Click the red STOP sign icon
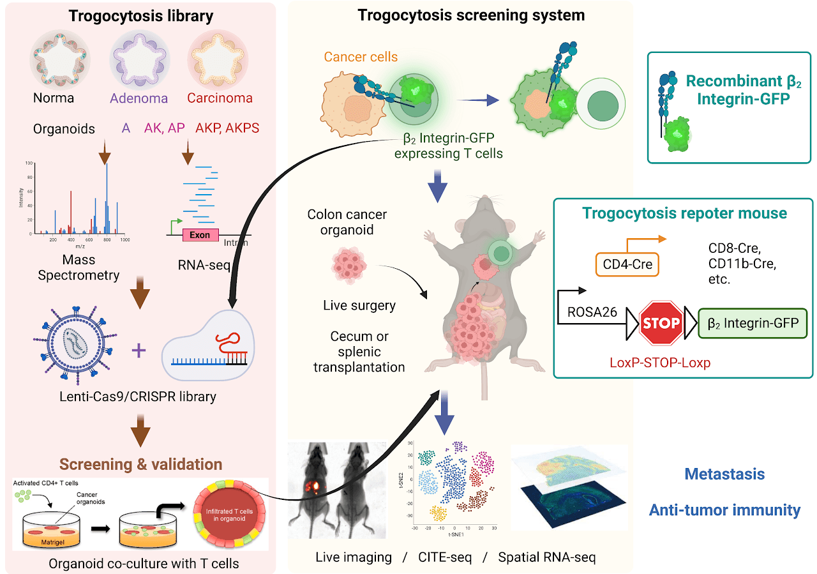(661, 322)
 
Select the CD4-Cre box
(629, 263)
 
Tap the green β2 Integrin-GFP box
(753, 323)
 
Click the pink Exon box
(200, 234)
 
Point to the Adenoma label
(139, 98)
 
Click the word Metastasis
(724, 474)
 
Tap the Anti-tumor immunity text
(724, 510)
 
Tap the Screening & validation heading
(141, 464)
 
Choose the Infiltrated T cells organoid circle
(229, 513)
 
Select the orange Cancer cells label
(361, 57)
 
